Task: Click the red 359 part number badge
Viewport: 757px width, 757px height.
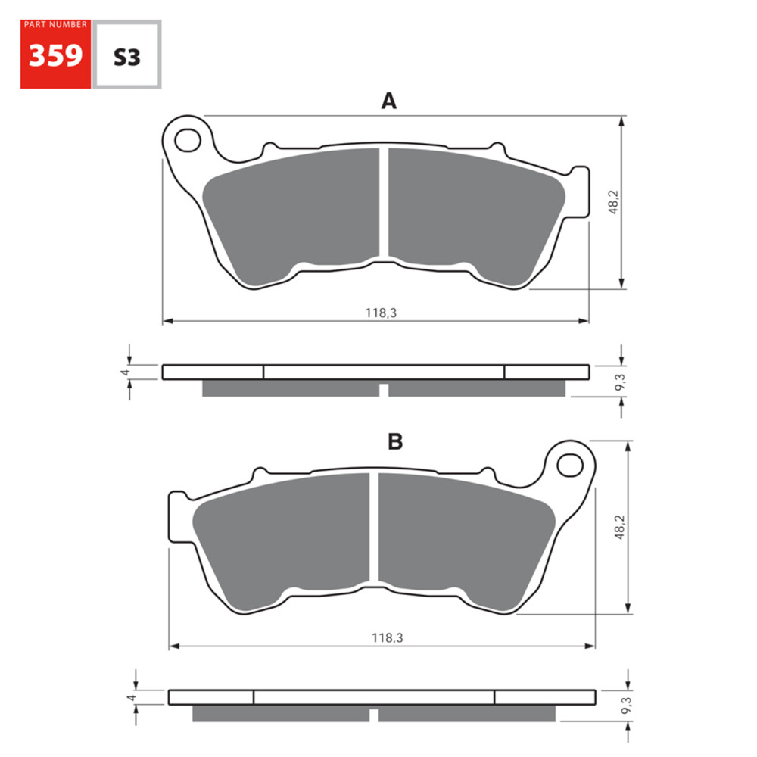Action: pos(55,57)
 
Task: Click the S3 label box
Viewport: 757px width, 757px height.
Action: pos(126,56)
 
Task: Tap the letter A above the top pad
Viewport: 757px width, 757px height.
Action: pos(388,101)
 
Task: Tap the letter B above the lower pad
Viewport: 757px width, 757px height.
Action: pos(395,442)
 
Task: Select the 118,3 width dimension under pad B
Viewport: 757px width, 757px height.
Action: pos(386,638)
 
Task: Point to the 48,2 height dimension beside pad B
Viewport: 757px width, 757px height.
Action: pos(619,528)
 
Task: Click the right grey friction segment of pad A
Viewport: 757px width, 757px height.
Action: pos(469,212)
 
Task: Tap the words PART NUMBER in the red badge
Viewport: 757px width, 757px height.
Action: pos(55,25)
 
